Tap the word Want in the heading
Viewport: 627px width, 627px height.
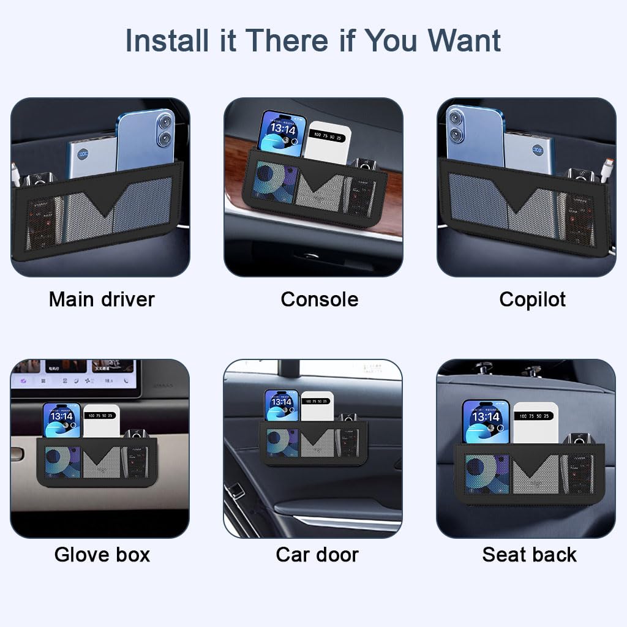click(464, 40)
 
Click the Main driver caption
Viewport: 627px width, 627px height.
click(102, 299)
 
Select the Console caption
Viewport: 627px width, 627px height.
click(319, 299)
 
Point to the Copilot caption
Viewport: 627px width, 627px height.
click(532, 299)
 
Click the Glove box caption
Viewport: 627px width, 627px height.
click(102, 555)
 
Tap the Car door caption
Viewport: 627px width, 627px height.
click(317, 555)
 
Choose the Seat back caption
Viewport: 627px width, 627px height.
click(529, 555)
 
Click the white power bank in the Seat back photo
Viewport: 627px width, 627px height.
click(535, 422)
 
